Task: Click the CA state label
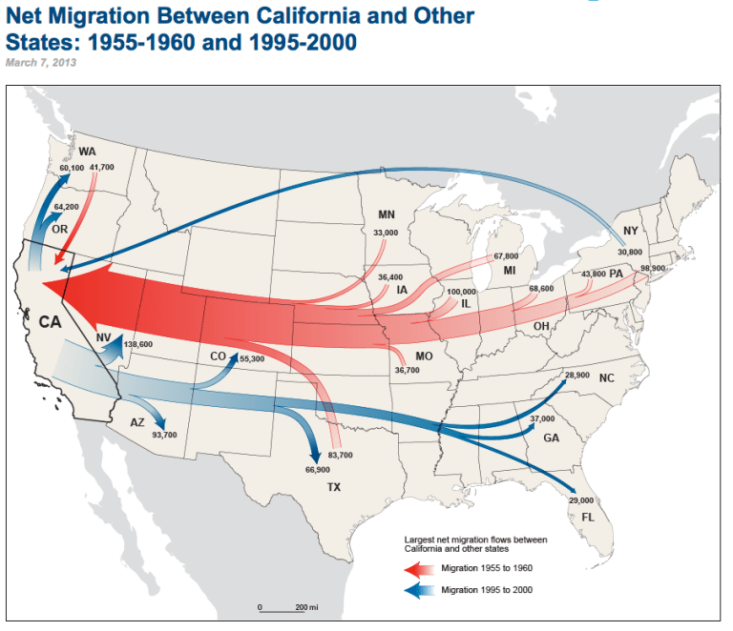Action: (x=50, y=321)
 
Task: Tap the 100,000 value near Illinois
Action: (x=461, y=292)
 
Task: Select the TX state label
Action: (x=334, y=487)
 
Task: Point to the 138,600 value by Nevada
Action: (x=138, y=344)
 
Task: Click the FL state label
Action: (x=576, y=517)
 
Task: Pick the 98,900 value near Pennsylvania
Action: (x=653, y=268)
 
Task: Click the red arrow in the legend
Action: (x=419, y=569)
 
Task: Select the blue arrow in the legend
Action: (x=419, y=591)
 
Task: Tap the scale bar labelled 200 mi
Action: (x=283, y=607)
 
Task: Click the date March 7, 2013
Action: (x=42, y=62)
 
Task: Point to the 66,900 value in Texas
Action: (x=318, y=470)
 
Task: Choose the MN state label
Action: (x=387, y=214)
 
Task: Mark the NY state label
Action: (x=630, y=232)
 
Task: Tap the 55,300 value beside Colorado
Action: (x=251, y=358)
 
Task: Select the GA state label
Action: (x=552, y=438)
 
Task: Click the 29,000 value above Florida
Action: (x=580, y=500)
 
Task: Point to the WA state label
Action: (x=88, y=152)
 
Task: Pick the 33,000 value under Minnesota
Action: (x=386, y=233)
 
